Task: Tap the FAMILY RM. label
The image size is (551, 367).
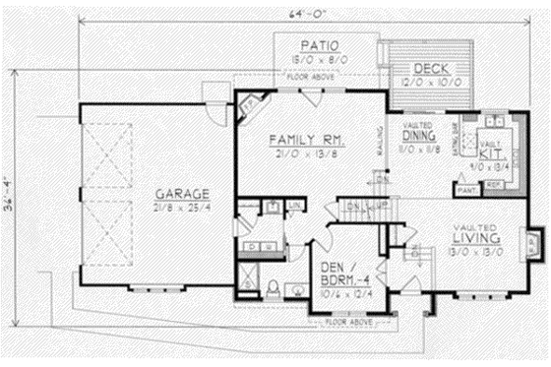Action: pos(306,140)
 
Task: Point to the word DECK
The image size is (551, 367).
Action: pos(431,68)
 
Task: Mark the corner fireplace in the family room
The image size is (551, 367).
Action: pos(250,103)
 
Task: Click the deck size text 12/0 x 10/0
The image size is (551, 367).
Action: pos(431,82)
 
